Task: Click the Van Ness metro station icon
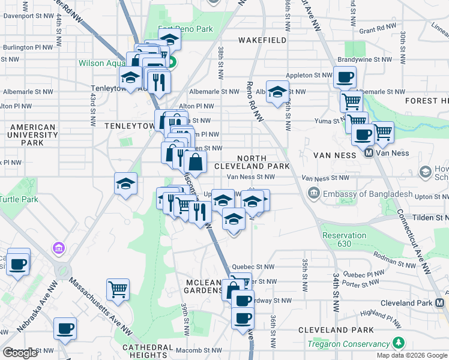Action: click(x=370, y=153)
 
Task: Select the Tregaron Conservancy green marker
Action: click(x=399, y=343)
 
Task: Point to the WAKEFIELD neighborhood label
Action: click(x=262, y=40)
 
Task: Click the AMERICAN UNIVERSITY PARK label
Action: click(x=32, y=135)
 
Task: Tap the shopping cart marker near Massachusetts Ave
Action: click(x=118, y=290)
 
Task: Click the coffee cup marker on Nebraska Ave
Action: click(x=65, y=328)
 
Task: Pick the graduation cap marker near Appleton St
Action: click(x=277, y=92)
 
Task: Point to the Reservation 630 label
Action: click(x=344, y=239)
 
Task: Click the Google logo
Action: click(x=20, y=353)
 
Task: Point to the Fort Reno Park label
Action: click(x=185, y=29)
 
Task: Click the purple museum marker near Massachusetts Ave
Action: click(x=58, y=247)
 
